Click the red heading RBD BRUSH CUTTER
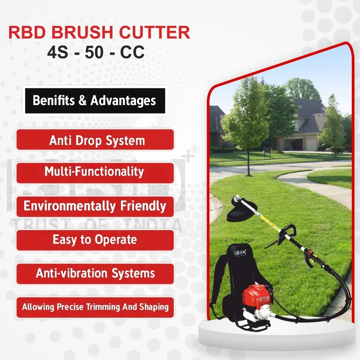point(99,32)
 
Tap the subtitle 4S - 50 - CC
point(96,52)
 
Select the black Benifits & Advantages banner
point(95,100)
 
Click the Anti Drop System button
point(95,140)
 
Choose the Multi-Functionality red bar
point(95,172)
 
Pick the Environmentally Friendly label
point(95,206)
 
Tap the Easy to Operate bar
point(95,240)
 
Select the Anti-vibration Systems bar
point(95,273)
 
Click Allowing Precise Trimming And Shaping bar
point(95,307)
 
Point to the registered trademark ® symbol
point(194,149)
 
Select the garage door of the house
point(311,144)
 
